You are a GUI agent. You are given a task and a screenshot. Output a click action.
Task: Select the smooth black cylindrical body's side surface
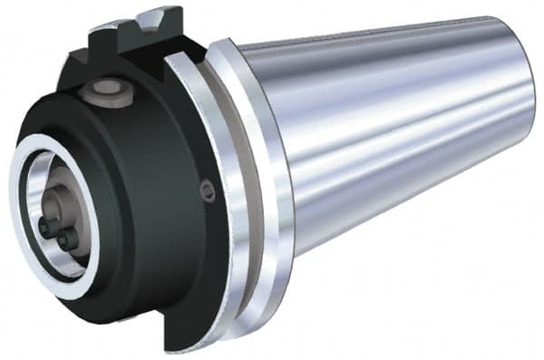[x=136, y=209]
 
